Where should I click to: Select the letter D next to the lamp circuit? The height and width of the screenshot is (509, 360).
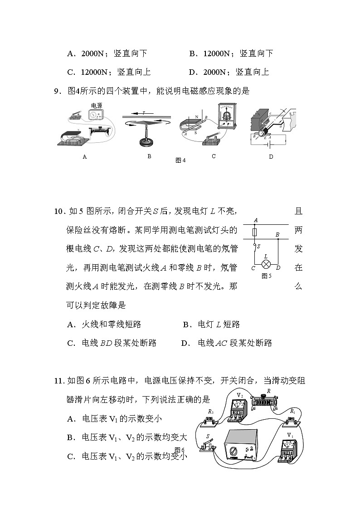click(x=278, y=268)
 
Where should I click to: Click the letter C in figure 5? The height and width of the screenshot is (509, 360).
click(x=253, y=268)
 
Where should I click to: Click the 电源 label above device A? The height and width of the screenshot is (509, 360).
click(x=97, y=105)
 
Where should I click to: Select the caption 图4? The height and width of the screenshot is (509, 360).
click(x=180, y=160)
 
